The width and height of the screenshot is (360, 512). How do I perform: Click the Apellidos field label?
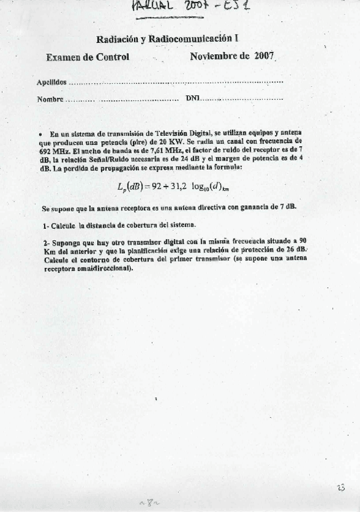pyautogui.click(x=51, y=82)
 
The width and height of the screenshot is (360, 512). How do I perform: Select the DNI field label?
pyautogui.click(x=192, y=98)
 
